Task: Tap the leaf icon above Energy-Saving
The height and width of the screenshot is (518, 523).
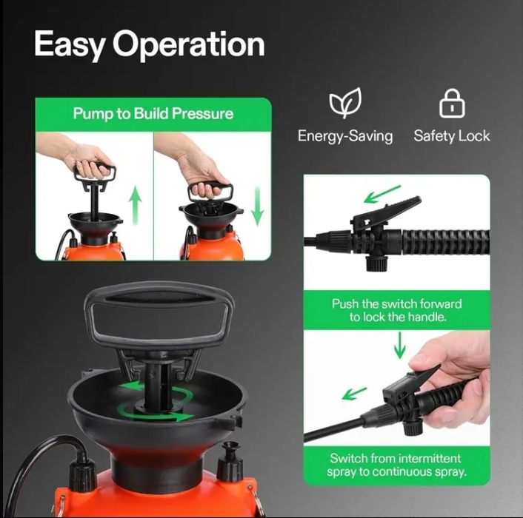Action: click(x=345, y=103)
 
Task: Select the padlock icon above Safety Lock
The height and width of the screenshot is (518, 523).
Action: click(x=452, y=104)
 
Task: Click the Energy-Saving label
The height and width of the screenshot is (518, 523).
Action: click(x=345, y=136)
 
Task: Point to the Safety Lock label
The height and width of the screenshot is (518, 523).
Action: click(x=452, y=136)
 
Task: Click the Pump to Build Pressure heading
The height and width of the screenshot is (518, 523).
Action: click(x=153, y=114)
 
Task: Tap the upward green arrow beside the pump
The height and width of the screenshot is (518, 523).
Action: click(x=135, y=206)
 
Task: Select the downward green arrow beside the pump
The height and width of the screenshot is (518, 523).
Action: click(x=257, y=206)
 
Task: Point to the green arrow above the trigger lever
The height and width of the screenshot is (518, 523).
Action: click(x=382, y=194)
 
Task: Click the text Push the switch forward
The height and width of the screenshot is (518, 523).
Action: click(x=396, y=304)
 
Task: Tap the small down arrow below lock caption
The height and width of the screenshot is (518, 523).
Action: click(x=399, y=346)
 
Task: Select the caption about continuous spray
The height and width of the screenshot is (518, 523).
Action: click(x=396, y=465)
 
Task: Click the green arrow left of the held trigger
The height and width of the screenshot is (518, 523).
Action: click(x=354, y=394)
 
